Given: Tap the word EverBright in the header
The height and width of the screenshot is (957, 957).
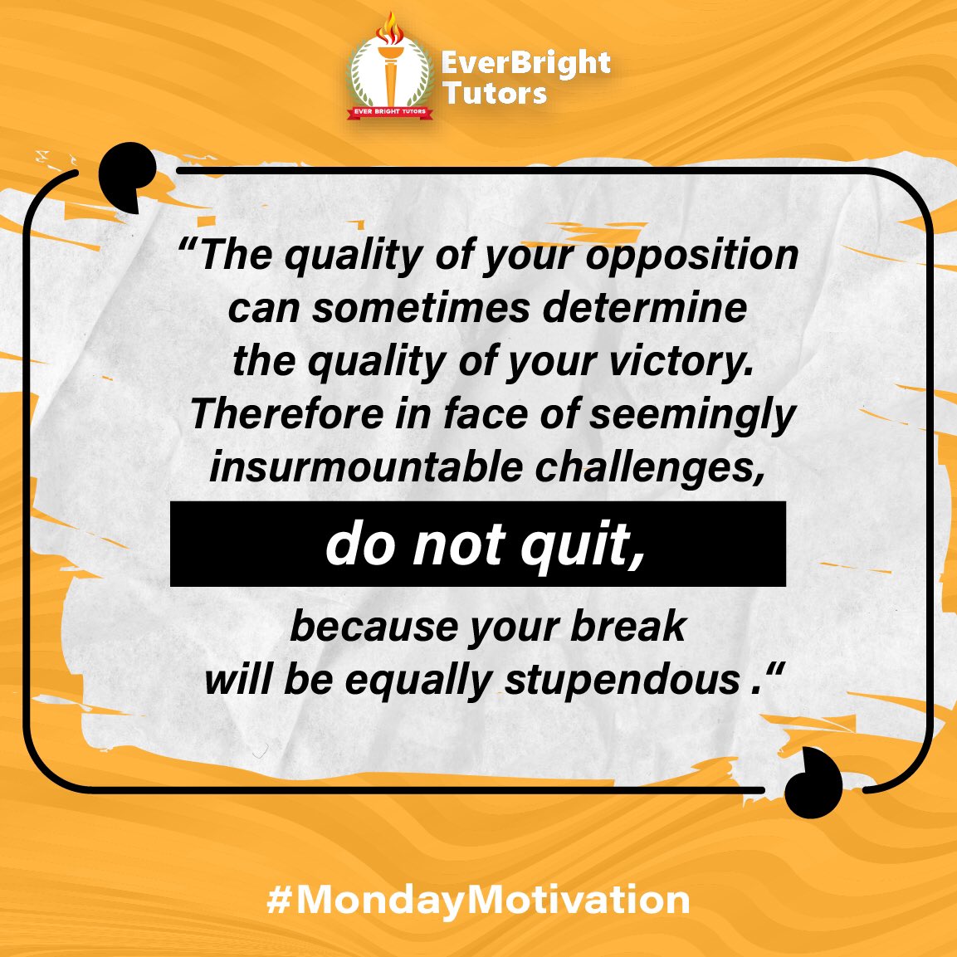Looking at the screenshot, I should [525, 63].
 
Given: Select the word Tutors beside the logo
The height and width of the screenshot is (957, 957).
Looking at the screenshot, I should [495, 93].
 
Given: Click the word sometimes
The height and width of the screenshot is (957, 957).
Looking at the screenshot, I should [421, 308].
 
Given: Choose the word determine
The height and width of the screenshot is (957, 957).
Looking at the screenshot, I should [645, 308].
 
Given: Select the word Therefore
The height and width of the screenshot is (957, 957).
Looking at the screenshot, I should [286, 414].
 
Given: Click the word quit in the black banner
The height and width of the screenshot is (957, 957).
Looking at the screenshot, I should [582, 545].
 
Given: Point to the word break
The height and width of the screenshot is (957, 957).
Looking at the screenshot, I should [628, 626].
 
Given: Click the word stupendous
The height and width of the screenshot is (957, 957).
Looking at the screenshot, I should [622, 680].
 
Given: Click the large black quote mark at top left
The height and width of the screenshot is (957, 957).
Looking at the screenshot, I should [126, 174].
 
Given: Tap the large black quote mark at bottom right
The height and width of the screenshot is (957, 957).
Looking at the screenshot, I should [813, 782].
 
